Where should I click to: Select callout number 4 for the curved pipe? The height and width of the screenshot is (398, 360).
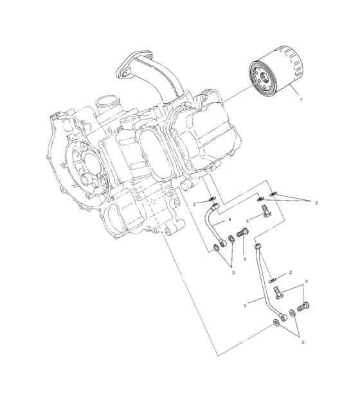(229, 221)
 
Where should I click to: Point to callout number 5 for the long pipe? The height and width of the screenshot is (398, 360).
(245, 306)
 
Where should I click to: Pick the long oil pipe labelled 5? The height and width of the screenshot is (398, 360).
(265, 284)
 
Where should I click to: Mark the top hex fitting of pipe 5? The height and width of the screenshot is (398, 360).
(257, 246)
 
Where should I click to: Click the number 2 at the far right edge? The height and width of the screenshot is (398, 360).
(316, 203)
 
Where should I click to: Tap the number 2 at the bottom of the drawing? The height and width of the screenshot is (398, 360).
(303, 342)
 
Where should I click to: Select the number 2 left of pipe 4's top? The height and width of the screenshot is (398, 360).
(194, 204)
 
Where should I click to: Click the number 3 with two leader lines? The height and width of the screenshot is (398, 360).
(307, 282)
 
